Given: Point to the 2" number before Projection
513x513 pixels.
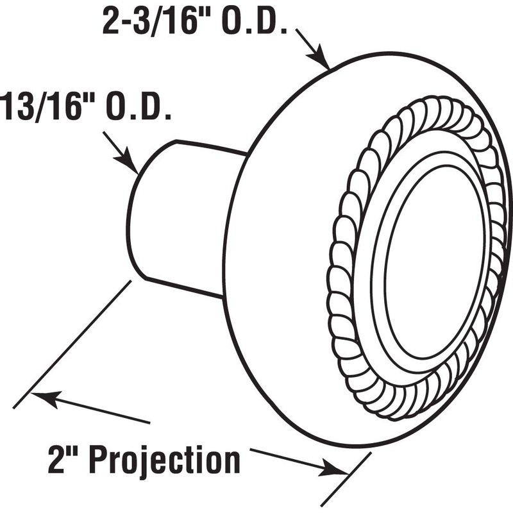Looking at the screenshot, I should click(x=64, y=459).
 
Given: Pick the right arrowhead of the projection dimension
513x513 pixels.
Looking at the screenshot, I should click(x=337, y=470).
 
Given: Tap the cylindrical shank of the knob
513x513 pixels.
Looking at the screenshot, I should click(x=186, y=218).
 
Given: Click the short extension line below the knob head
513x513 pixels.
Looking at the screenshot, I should click(x=346, y=478).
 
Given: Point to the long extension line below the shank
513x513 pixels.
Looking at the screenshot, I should click(x=71, y=346).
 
